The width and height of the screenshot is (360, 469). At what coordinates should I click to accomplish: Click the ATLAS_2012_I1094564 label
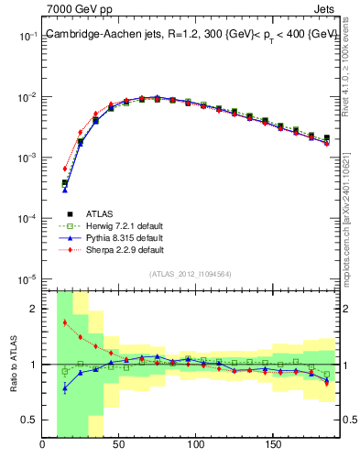191,273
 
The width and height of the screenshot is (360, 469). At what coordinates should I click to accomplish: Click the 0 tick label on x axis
43,448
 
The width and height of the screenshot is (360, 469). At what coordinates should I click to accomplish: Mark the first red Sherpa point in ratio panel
64,322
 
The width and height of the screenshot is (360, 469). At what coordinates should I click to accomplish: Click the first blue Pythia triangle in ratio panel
64,387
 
